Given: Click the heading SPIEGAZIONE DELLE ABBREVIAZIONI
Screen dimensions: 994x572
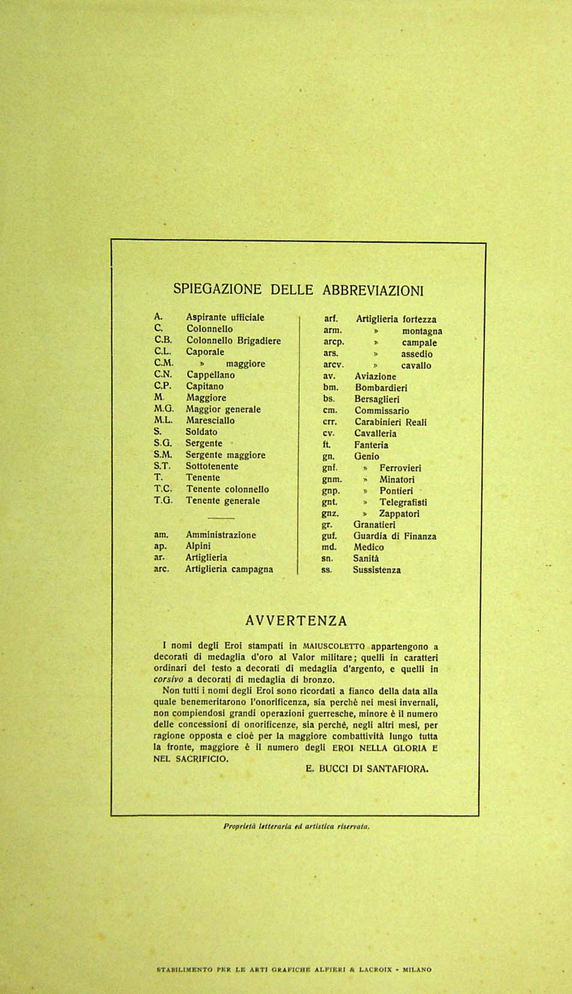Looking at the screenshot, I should [298, 290].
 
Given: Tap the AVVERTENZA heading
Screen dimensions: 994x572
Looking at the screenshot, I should [296, 621].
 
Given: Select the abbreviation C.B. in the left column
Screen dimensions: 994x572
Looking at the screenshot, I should [162, 340].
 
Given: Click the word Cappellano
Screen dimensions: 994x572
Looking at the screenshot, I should [210, 375].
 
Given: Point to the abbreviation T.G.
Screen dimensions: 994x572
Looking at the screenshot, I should [162, 500].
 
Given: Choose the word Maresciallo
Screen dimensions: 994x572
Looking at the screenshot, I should [210, 421].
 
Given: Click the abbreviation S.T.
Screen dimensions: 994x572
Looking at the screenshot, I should [162, 466].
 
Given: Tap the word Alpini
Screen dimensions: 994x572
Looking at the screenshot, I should [198, 546].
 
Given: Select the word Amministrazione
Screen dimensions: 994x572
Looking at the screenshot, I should [221, 535].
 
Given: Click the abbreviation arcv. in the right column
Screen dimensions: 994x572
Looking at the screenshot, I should [333, 365].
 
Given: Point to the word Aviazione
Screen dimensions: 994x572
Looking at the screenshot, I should [375, 377].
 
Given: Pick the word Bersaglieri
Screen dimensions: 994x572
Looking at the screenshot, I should [377, 399].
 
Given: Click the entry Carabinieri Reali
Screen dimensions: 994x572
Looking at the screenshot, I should [390, 422].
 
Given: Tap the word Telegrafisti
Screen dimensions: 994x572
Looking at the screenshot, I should [403, 503].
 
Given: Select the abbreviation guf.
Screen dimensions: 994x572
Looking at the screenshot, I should [329, 536].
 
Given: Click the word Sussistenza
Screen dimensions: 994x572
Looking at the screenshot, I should [377, 570].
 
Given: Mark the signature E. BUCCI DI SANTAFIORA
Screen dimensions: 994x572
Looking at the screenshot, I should [367, 769].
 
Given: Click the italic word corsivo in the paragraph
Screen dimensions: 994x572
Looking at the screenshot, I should [168, 680].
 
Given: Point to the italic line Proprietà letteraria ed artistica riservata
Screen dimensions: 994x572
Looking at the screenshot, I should [296, 826].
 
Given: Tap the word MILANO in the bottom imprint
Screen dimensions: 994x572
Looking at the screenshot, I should [417, 969].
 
